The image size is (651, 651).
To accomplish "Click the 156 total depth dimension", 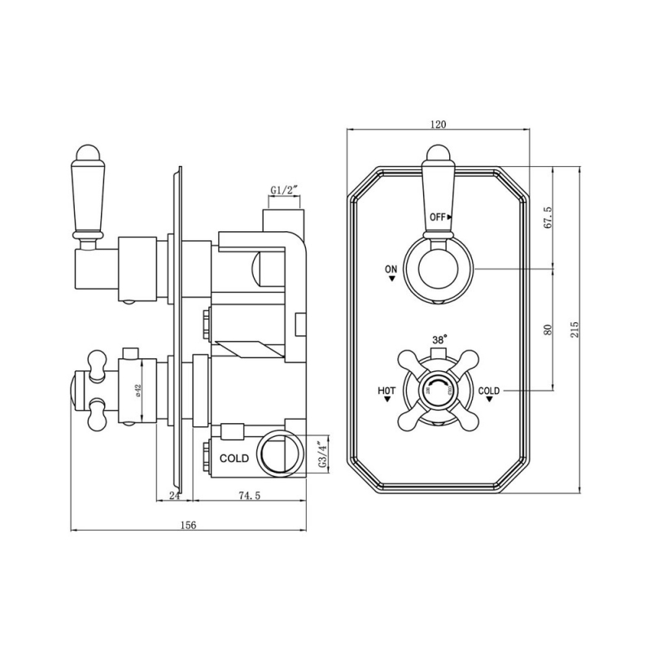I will tap(187, 525).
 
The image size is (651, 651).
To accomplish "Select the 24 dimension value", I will tap(173, 496).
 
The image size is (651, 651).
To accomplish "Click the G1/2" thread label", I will tap(285, 190).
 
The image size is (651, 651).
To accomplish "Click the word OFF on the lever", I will tap(438, 217).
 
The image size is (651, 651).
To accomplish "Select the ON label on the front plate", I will tap(391, 268).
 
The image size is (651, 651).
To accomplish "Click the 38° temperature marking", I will tap(439, 341).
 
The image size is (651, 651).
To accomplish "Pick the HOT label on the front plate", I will tap(387, 391).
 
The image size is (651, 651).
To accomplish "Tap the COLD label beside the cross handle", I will tap(489, 391).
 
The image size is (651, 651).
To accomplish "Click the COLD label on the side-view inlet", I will tap(234, 458).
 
